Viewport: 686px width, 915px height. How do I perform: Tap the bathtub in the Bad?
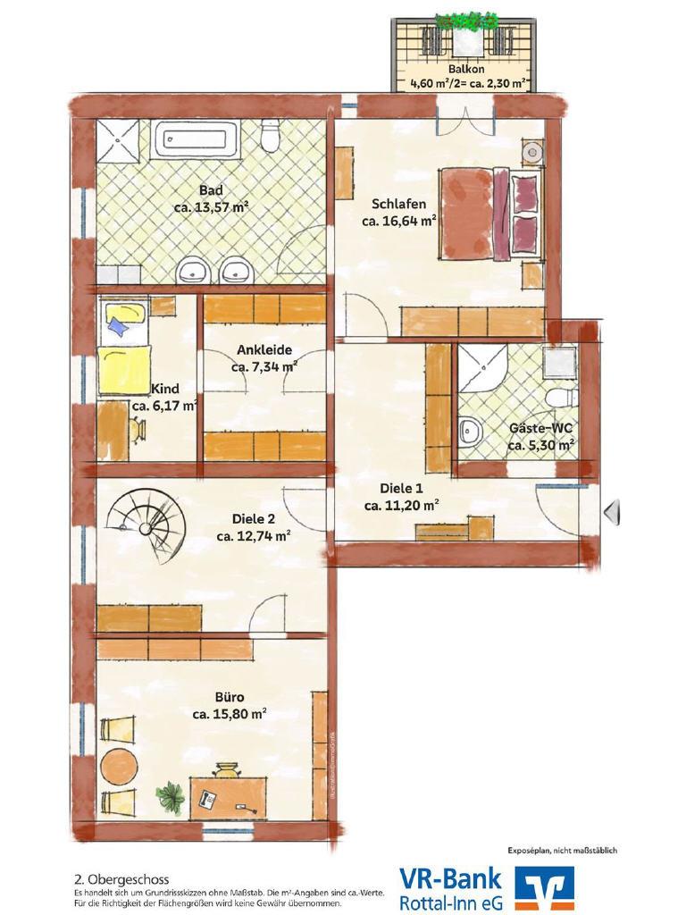(196, 139)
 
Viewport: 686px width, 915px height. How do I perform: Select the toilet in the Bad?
(270, 136)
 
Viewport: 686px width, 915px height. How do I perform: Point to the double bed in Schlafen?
(493, 214)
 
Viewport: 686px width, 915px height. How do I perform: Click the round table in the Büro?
(120, 763)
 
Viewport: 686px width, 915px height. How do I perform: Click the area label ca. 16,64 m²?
(399, 222)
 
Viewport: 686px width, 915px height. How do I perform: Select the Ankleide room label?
(264, 350)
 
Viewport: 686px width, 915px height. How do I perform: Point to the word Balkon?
(466, 69)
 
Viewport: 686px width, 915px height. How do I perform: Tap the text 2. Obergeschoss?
(121, 879)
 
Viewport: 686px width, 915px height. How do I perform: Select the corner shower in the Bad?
(118, 142)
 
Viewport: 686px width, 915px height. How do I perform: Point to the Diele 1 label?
(401, 489)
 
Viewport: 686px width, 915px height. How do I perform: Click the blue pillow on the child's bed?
(119, 327)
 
